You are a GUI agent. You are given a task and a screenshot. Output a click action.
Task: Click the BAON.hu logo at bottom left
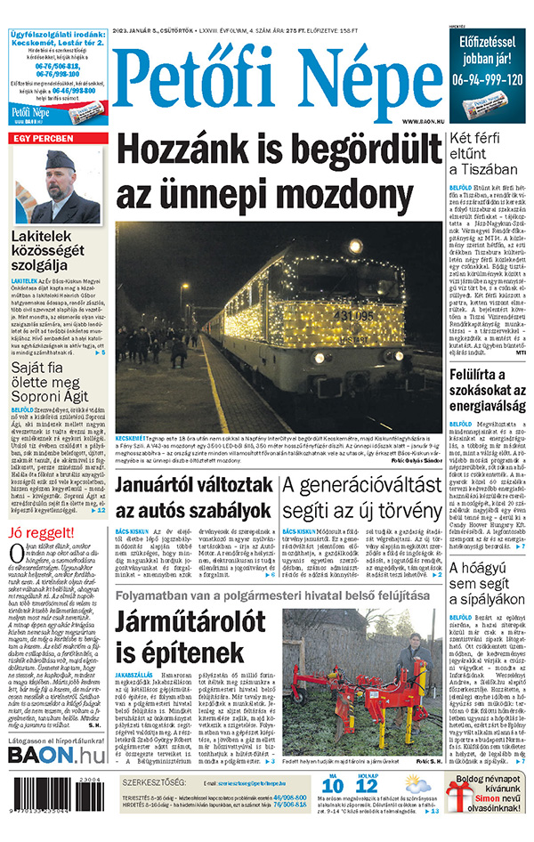point(56,755)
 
